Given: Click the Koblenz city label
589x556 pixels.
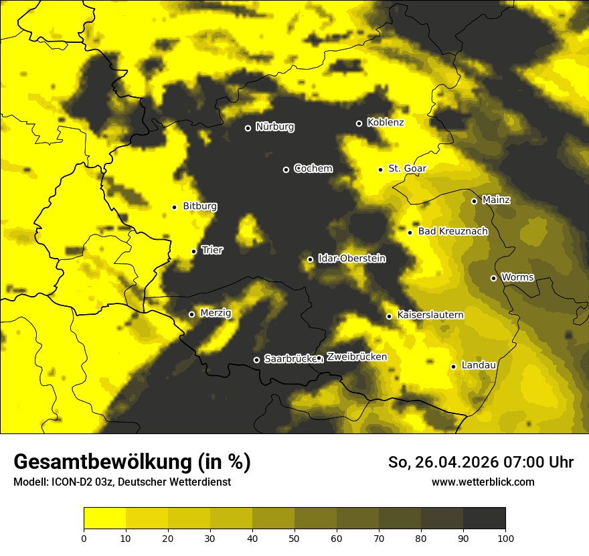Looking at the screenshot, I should [x=386, y=123].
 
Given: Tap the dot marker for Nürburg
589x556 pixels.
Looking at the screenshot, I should [x=248, y=128].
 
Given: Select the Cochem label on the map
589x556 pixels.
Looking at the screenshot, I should [x=313, y=169].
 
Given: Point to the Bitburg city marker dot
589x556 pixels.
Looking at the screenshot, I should [x=174, y=207].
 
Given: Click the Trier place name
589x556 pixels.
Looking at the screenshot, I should [x=212, y=251].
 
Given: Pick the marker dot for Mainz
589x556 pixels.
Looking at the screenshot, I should [x=474, y=201].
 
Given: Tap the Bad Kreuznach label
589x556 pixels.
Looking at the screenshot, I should [x=452, y=232].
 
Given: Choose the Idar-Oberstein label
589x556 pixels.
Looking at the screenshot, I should [x=351, y=259].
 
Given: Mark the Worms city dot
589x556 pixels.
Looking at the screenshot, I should [x=493, y=278].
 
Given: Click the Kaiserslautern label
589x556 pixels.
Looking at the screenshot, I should [x=430, y=315].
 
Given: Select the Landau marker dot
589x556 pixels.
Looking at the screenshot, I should [x=453, y=366].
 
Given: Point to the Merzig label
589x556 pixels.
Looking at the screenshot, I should [x=216, y=314].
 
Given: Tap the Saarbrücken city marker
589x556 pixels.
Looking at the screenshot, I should [x=256, y=360].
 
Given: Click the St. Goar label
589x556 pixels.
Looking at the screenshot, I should [x=407, y=169].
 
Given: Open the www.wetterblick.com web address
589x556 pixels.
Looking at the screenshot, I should [x=483, y=482].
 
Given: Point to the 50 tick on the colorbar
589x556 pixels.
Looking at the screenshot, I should [x=294, y=538].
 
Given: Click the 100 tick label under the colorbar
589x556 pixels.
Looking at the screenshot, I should [x=505, y=538].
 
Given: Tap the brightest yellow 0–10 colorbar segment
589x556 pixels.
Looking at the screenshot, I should [x=104, y=518].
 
